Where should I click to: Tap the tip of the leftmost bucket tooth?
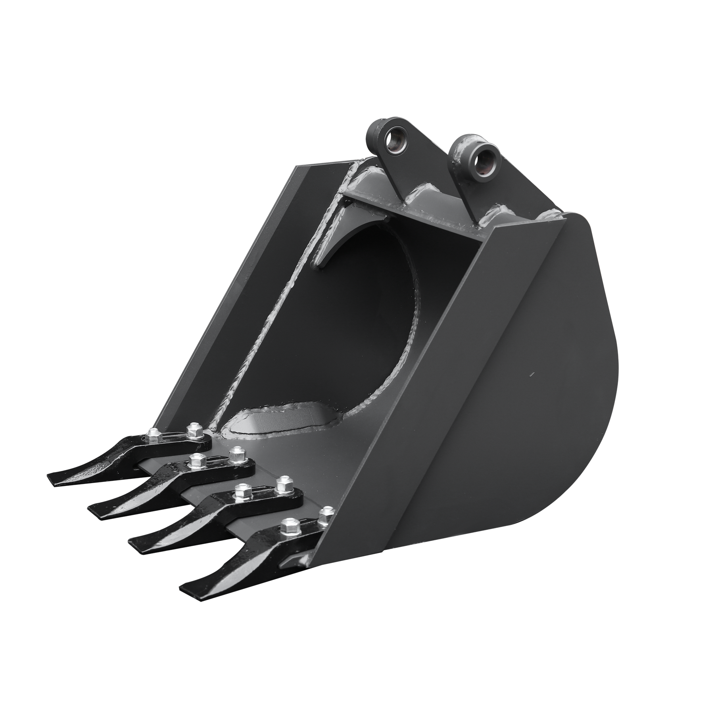tap(52, 476)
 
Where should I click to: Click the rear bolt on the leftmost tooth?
tap(193, 428)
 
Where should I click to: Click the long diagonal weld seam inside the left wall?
tap(278, 297)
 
